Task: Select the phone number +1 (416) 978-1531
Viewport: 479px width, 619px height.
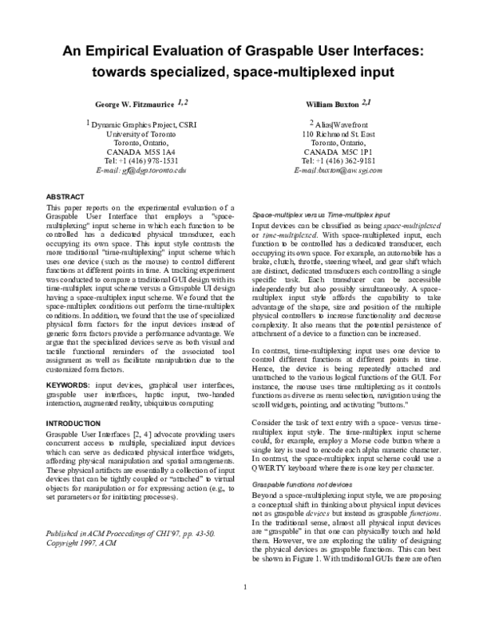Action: coord(149,160)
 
